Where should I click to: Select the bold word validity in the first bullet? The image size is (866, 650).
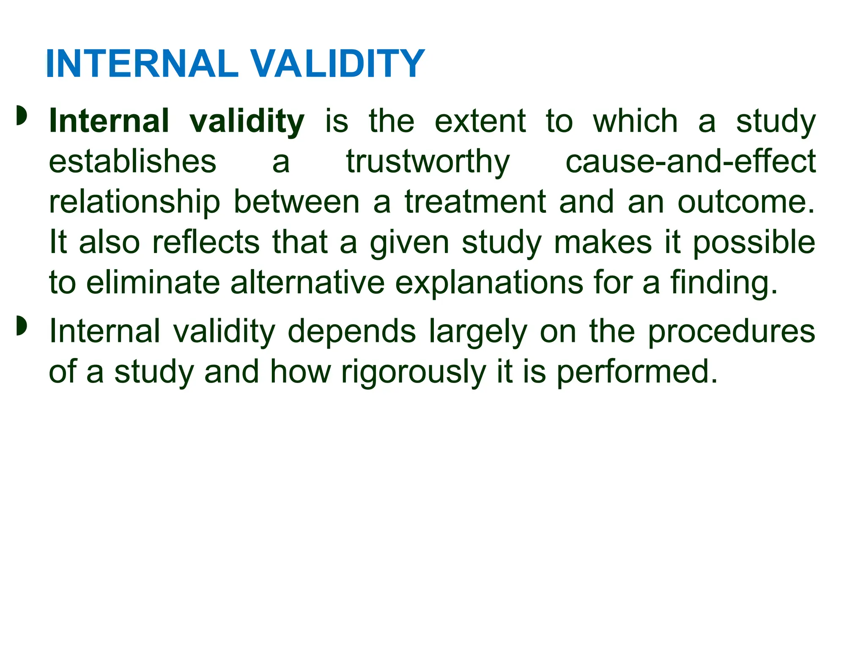pyautogui.click(x=247, y=121)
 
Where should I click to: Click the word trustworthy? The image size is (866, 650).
pyautogui.click(x=428, y=162)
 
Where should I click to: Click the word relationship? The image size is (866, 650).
pyautogui.click(x=134, y=202)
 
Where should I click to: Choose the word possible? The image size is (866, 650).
pyautogui.click(x=754, y=243)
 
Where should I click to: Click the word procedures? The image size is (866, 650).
pyautogui.click(x=731, y=332)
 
